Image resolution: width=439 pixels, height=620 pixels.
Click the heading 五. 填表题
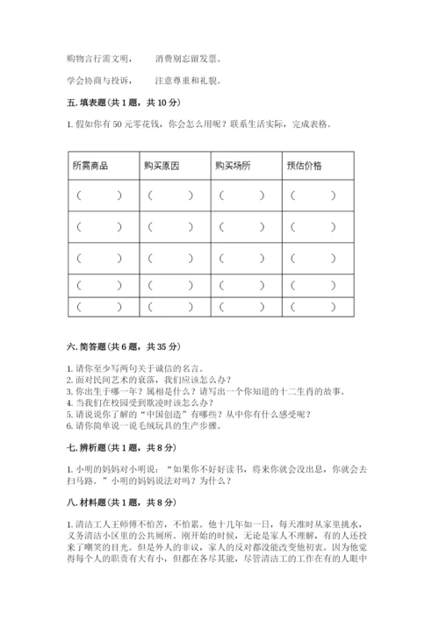[x=115, y=104]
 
